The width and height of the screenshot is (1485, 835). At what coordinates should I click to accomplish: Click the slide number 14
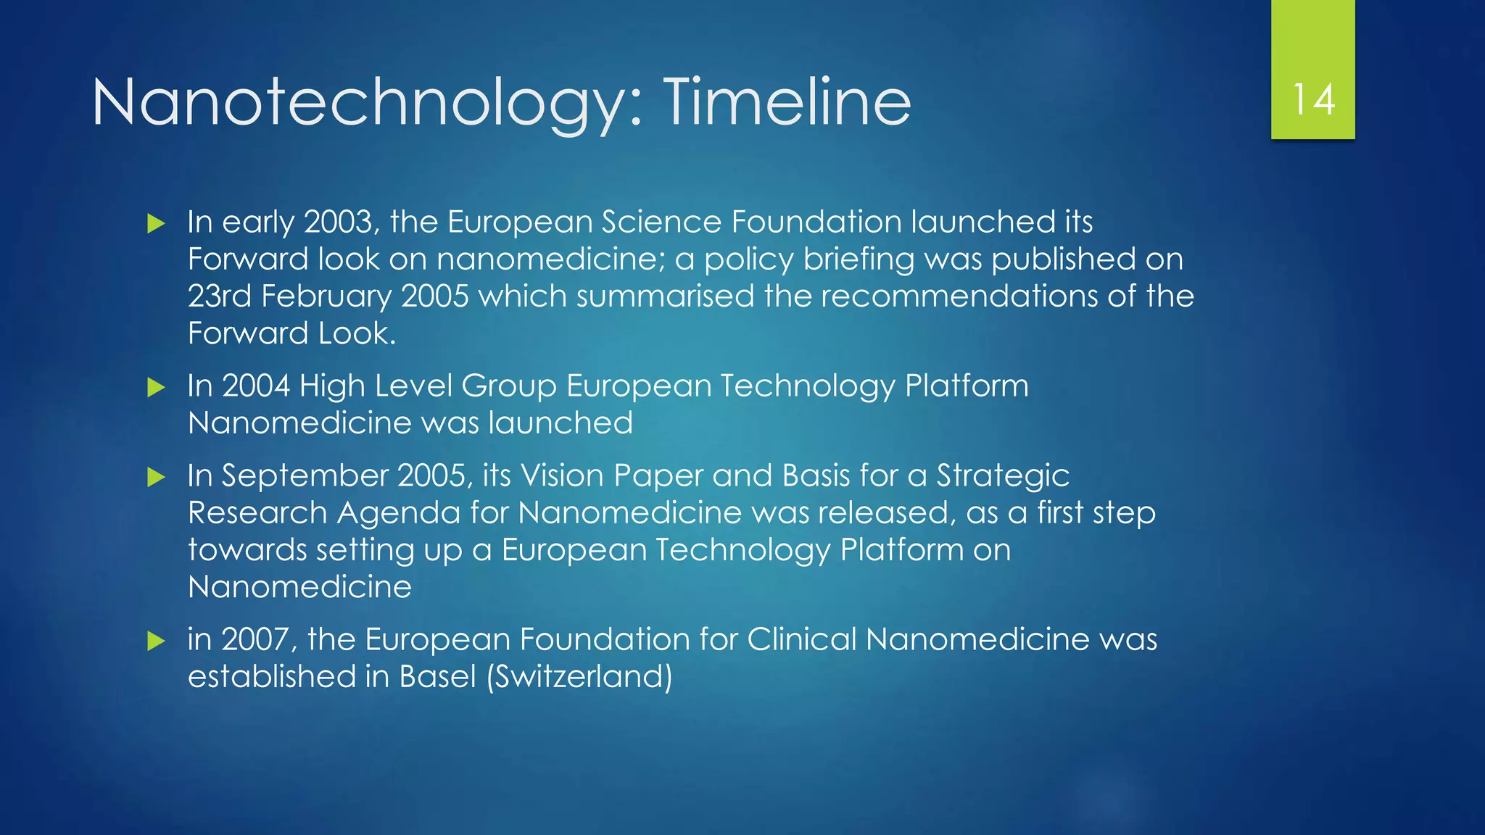tap(1313, 100)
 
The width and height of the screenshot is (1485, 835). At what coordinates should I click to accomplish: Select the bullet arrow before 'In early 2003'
tap(156, 223)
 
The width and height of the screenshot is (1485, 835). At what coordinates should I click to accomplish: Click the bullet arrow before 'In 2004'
tap(156, 387)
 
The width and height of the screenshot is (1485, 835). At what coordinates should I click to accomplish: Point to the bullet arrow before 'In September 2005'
tap(156, 477)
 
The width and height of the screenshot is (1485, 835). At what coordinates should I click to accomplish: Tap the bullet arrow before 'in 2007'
tap(156, 641)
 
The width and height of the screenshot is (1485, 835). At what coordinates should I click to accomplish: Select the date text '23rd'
tap(219, 296)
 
